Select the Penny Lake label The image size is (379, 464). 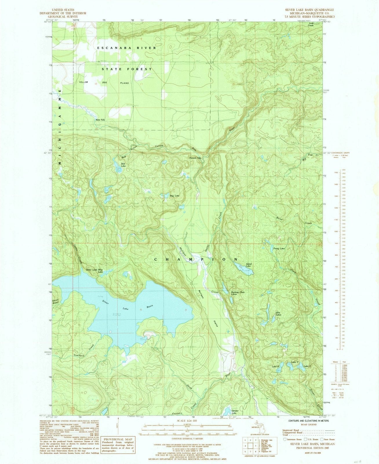[x=279, y=249]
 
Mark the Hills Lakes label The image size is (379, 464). [x=278, y=313]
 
